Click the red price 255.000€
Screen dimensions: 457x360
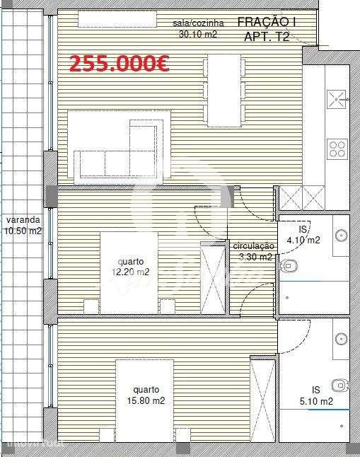point(118,64)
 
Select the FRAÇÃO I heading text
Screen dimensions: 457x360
point(267,23)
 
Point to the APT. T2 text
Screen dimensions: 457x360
point(267,37)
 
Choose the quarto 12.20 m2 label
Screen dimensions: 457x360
point(133,267)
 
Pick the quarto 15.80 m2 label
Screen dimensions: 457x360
point(145,395)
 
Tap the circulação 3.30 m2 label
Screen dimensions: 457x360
point(253,251)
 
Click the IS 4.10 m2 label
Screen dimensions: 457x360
point(305,235)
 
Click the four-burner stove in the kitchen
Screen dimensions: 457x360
point(337,149)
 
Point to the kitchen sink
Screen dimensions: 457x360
point(335,101)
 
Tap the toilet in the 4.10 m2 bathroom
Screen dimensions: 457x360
point(289,267)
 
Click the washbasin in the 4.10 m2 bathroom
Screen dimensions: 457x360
point(341,236)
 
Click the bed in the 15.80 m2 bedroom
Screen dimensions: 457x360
point(145,400)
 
